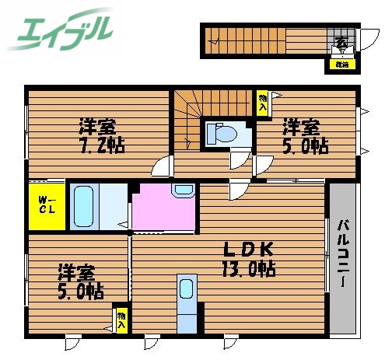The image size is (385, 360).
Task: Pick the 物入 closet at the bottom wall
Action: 121,320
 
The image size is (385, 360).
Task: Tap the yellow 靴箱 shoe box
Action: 342,65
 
